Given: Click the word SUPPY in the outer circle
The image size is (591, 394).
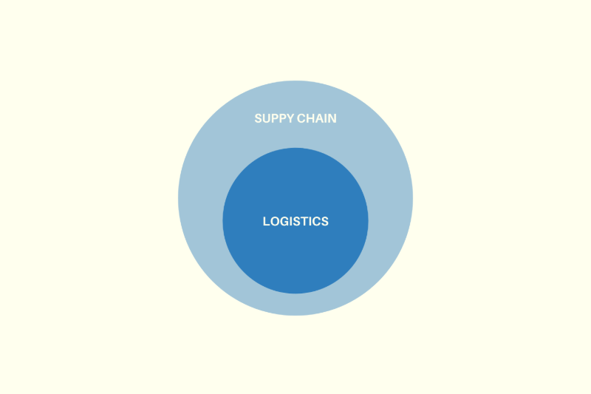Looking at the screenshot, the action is click(x=274, y=118).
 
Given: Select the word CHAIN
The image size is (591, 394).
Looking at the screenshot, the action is click(x=317, y=118).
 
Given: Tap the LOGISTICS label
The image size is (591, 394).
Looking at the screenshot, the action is click(x=295, y=221).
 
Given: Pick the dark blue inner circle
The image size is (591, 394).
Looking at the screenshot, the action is click(x=295, y=257).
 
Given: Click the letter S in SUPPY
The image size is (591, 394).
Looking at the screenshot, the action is click(x=258, y=118).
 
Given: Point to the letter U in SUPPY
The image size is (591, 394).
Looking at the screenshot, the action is click(x=267, y=118).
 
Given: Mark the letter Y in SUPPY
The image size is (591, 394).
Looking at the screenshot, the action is click(x=290, y=118).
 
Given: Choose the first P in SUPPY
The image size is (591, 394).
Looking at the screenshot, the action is click(x=276, y=118).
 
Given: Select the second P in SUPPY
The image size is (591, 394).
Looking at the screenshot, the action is click(x=284, y=118).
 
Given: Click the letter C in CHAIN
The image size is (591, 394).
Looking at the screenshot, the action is click(x=301, y=118).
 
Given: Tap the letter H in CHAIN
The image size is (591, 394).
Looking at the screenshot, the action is click(x=310, y=118).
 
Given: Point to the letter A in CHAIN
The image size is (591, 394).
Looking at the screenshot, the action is click(x=319, y=118).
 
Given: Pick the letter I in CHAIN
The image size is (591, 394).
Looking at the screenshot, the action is click(x=326, y=118).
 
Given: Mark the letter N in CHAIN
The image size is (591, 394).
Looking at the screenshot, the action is click(x=332, y=118).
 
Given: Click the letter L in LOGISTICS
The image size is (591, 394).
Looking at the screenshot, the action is click(x=266, y=221).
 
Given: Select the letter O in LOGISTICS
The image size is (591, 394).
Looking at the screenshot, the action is click(x=275, y=221).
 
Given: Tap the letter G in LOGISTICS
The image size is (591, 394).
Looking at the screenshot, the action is click(x=285, y=221).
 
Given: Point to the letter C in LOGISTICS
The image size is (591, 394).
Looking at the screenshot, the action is click(x=317, y=221).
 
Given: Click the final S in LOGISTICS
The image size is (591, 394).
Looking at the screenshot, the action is click(x=325, y=221).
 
